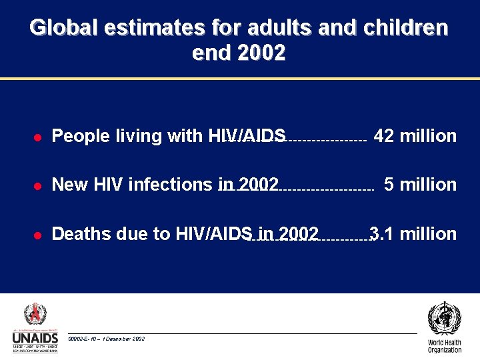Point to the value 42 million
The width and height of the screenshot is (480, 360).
415,136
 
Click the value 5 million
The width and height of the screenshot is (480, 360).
420,185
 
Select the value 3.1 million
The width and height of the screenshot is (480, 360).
413,234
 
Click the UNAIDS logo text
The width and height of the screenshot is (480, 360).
35,339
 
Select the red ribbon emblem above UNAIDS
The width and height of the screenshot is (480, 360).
35,313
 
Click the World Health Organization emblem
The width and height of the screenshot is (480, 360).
444,319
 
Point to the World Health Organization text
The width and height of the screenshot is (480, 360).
445,347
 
